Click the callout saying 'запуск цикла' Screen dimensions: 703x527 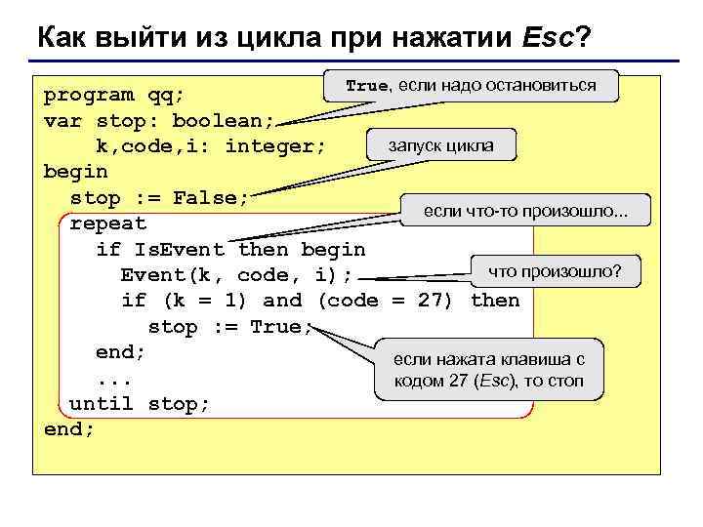point(440,146)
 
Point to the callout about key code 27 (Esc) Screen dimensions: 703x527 point(488,368)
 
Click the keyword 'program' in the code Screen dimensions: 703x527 point(89,95)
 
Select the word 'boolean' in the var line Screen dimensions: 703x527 point(224,121)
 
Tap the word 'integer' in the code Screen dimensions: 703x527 point(274,146)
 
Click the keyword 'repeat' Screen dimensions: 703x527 point(107,223)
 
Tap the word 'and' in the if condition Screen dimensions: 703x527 point(283,301)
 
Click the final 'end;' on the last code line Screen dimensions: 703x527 point(69,428)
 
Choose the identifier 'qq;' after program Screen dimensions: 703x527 point(172,95)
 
